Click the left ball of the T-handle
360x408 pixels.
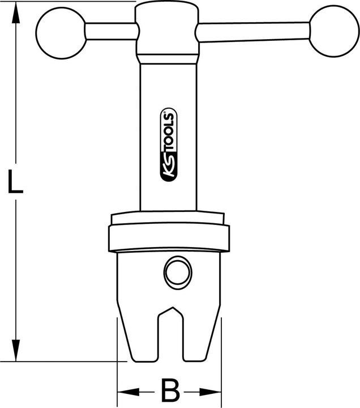pyautogui.click(x=60, y=34)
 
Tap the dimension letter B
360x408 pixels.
pyautogui.click(x=169, y=390)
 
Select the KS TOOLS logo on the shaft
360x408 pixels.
pyautogui.click(x=169, y=147)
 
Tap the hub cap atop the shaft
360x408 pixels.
pyautogui.click(x=168, y=31)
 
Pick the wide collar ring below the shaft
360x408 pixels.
pyautogui.click(x=168, y=239)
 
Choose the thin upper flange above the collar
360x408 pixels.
pyautogui.click(x=168, y=218)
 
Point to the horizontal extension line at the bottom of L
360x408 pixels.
pyautogui.click(x=68, y=361)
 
